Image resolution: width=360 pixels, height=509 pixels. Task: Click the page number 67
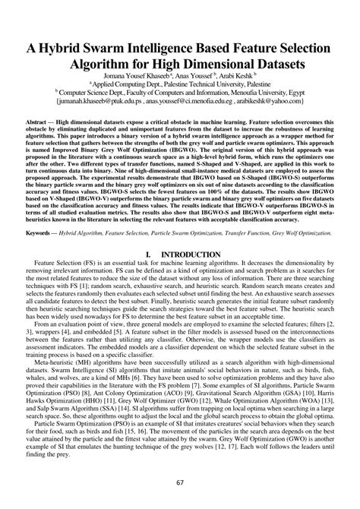(x=180, y=482)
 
